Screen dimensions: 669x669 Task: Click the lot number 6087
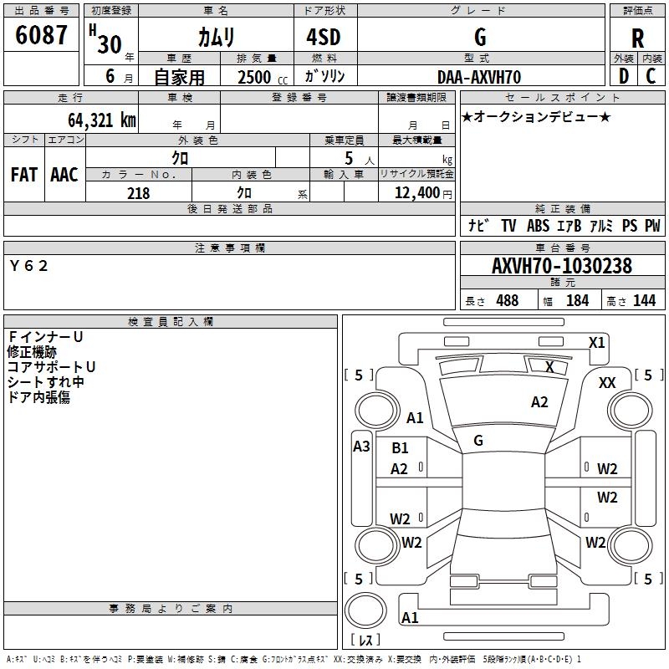point(41,35)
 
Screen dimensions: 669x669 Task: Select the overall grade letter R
point(637,38)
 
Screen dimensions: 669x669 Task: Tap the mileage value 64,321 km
point(102,120)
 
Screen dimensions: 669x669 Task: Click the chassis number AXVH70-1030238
point(562,266)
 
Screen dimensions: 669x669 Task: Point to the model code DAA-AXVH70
point(479,77)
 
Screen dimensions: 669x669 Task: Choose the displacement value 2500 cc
point(263,77)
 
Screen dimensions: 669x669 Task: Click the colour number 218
point(139,193)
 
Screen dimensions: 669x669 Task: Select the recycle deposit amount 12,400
point(417,192)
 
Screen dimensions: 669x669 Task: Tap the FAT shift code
point(24,175)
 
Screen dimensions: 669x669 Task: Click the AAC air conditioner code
point(64,175)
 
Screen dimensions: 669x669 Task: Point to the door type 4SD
point(324,37)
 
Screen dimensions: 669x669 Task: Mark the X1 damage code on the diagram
point(596,343)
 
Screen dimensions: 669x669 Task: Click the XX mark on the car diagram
point(607,383)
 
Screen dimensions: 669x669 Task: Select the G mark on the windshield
point(478,441)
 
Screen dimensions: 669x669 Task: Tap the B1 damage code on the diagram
point(400,448)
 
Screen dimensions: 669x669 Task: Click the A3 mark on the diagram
point(361,447)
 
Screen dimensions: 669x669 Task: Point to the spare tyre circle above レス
point(365,610)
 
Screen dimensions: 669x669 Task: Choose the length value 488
point(508,300)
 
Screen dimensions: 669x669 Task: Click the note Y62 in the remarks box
point(28,266)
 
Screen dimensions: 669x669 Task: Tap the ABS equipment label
point(538,226)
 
